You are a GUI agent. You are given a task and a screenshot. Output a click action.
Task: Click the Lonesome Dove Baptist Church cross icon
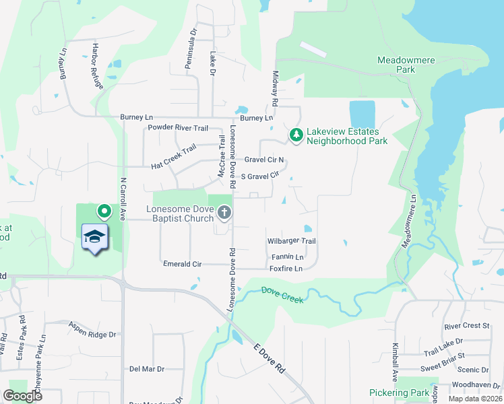coord(224,214)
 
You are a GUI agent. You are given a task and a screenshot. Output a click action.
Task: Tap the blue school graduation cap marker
coord(95,238)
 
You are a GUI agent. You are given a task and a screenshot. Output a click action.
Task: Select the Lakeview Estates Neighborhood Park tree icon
coord(296,135)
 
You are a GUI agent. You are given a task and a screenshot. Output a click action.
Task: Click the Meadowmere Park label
coord(405,64)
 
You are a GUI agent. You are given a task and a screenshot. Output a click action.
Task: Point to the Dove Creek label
coord(282,295)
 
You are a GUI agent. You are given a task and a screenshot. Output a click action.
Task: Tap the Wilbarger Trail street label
coord(291,241)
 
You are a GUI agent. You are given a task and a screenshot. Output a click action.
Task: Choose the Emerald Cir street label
coord(183,264)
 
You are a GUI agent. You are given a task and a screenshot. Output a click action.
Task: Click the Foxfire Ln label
coord(284,268)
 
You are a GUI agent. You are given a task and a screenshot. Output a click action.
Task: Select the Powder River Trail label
coord(179,127)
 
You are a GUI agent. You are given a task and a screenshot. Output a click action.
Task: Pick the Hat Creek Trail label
coord(173,156)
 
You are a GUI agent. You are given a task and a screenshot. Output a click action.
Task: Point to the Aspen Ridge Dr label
coord(92,329)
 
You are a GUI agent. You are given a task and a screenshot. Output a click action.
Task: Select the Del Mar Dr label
coord(147,369)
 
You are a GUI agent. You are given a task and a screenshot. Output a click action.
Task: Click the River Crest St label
coord(466,326)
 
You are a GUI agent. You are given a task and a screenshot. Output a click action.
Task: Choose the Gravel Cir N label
coord(264,160)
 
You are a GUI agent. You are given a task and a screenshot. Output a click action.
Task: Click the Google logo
coord(22,396)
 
